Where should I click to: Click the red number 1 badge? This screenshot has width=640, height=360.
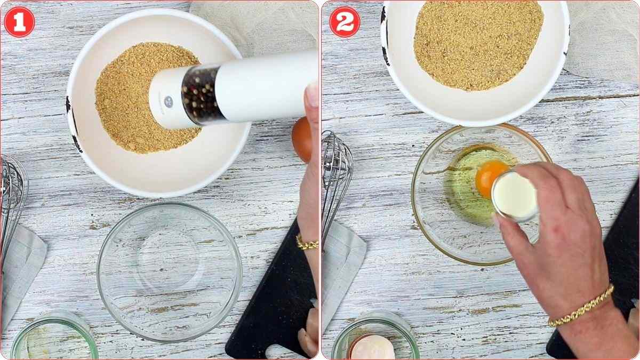pyautogui.click(x=19, y=22)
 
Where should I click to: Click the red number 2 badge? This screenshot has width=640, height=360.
pyautogui.click(x=345, y=22)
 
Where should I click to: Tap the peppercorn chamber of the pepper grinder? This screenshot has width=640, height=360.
pyautogui.click(x=201, y=95)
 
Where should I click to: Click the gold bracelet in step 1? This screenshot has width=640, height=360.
pyautogui.click(x=307, y=244)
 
